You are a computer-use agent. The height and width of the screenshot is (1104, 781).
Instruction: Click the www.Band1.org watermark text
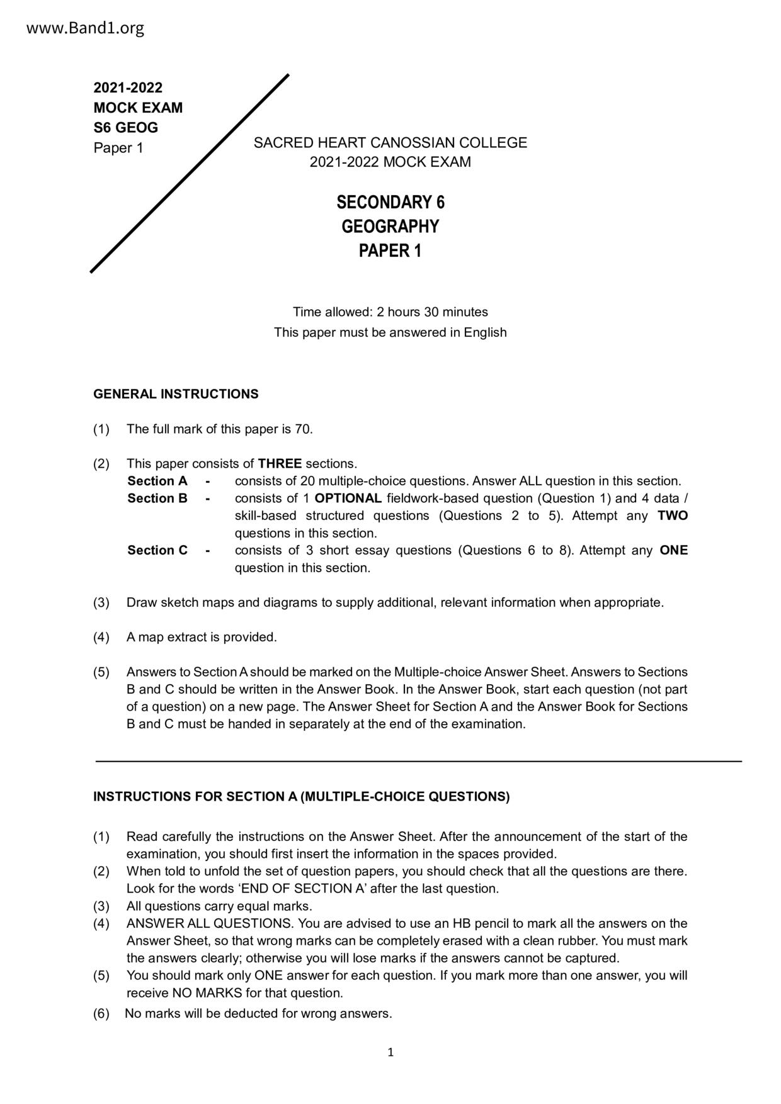[x=86, y=28]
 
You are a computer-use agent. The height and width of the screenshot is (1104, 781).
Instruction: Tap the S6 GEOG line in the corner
[x=125, y=128]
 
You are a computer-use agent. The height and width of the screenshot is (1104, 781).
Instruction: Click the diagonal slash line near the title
[x=190, y=174]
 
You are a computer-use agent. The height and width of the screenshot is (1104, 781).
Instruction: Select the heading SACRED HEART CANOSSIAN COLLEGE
[x=390, y=143]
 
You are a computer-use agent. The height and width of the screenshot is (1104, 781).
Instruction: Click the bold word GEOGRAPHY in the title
[x=390, y=227]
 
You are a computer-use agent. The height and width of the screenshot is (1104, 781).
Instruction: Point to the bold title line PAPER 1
[x=390, y=251]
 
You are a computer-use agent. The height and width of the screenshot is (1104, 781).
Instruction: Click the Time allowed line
[x=390, y=312]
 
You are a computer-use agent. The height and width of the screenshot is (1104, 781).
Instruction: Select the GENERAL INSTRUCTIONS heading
[x=176, y=395]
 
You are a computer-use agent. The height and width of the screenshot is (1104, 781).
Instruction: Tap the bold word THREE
[x=280, y=464]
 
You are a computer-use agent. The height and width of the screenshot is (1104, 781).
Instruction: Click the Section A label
[x=157, y=482]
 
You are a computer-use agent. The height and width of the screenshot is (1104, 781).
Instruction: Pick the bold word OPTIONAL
[x=348, y=498]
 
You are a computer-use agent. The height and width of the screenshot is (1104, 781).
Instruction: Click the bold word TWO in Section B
[x=673, y=516]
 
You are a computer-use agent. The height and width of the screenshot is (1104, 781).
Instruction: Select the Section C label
[x=157, y=551]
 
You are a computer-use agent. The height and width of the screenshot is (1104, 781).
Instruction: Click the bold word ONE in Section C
[x=673, y=551]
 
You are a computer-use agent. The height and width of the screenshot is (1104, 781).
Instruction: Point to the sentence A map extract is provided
[x=202, y=638]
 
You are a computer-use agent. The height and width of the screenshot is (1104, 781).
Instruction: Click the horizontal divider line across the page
[x=418, y=762]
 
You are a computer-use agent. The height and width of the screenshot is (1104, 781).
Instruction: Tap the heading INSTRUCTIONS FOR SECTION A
[x=301, y=797]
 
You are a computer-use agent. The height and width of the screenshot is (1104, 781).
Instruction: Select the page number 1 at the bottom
[x=390, y=1052]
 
